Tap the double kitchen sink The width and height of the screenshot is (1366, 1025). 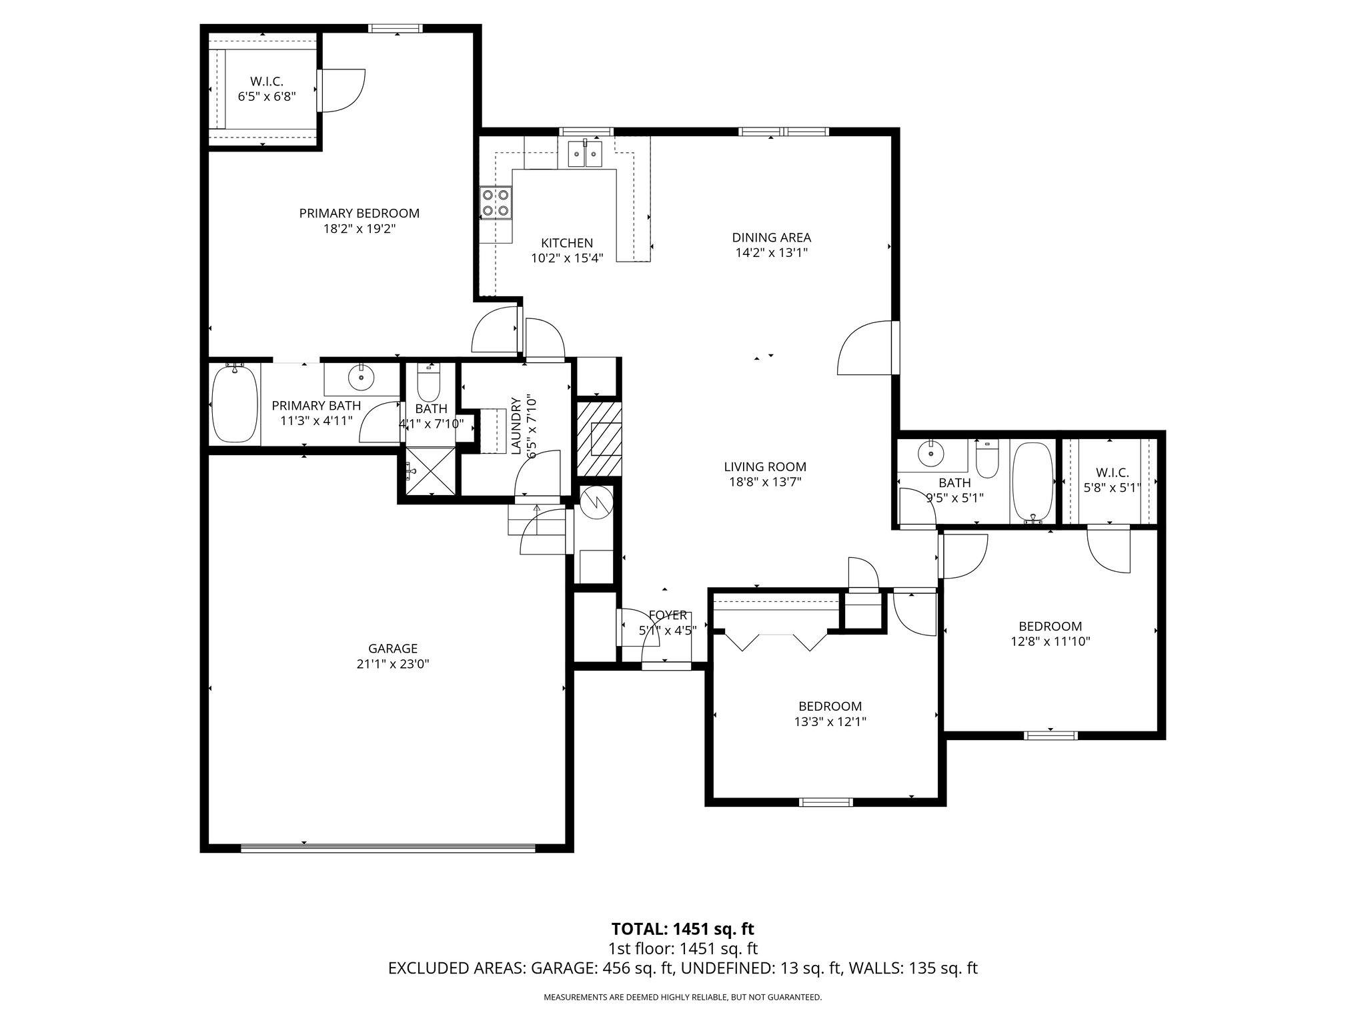[585, 155]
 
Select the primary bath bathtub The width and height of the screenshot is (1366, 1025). [234, 404]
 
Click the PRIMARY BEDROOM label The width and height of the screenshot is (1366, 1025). [359, 214]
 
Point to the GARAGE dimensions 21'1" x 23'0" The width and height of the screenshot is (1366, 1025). [393, 664]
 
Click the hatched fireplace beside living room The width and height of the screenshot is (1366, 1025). [599, 438]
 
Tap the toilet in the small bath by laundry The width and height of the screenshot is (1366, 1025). [427, 383]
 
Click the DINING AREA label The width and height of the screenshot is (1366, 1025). [771, 238]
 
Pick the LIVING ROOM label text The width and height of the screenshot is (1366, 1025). [765, 467]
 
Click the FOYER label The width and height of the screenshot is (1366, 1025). [667, 615]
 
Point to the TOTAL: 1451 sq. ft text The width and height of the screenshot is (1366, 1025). [682, 929]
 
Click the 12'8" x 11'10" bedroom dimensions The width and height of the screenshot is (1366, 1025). [1050, 642]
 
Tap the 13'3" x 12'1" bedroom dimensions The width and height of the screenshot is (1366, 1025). [830, 721]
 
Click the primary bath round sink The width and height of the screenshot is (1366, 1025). [362, 378]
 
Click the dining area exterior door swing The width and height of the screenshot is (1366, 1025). [864, 349]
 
